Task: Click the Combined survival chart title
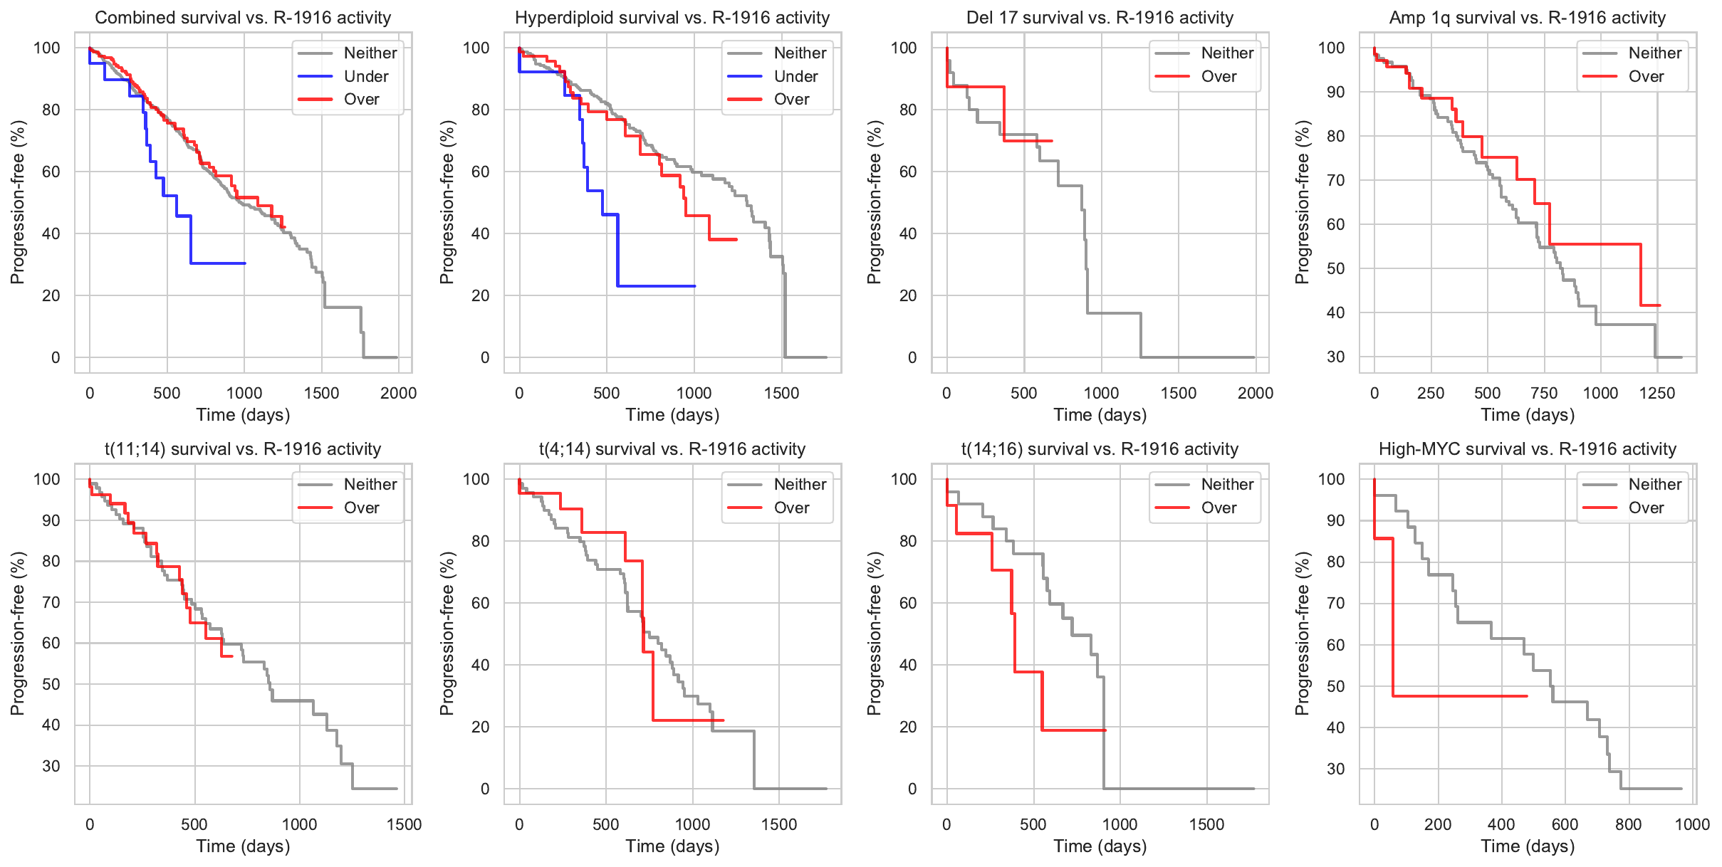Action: [x=243, y=18]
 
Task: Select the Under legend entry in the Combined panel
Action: [x=365, y=76]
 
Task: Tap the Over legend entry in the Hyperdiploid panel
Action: [x=791, y=100]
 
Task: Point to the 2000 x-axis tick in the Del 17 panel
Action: [x=1256, y=393]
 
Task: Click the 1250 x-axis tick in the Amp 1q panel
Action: [x=1657, y=393]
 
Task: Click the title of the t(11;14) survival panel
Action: [x=243, y=449]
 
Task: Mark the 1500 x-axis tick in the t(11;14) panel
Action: [x=404, y=824]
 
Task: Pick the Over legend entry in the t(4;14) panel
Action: [x=791, y=508]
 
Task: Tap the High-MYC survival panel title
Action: [x=1528, y=449]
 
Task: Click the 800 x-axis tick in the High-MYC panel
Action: [x=1629, y=824]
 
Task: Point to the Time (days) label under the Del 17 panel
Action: [x=1100, y=415]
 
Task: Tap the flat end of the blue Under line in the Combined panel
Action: [x=217, y=263]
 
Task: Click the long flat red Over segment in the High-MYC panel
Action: [x=1460, y=696]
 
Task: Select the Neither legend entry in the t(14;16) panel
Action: [x=1227, y=485]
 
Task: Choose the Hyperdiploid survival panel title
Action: [x=672, y=18]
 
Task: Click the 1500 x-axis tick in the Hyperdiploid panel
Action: [x=782, y=393]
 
